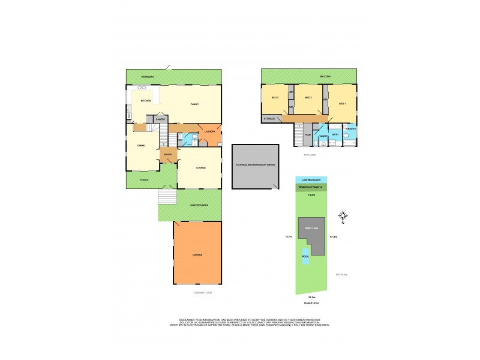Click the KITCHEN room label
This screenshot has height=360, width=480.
[x=145, y=101]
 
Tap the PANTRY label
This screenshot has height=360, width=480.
[x=160, y=119]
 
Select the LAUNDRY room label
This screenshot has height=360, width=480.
[x=209, y=131]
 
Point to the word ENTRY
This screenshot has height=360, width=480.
[x=167, y=154]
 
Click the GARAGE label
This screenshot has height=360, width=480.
[x=197, y=255]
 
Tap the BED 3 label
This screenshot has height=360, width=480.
[x=275, y=98]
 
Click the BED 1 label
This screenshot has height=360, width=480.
[x=342, y=104]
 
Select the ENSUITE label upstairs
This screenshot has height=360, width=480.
[x=351, y=128]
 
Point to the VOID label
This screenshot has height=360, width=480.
[x=308, y=134]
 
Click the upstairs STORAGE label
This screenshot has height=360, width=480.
[x=269, y=119]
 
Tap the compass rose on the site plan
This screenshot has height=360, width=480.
[x=343, y=216]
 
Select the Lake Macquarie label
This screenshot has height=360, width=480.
[x=311, y=180]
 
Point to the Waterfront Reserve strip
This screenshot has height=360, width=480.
[x=311, y=187]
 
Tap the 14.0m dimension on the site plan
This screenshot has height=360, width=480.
[x=311, y=195]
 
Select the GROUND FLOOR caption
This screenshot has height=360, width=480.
[x=203, y=292]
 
